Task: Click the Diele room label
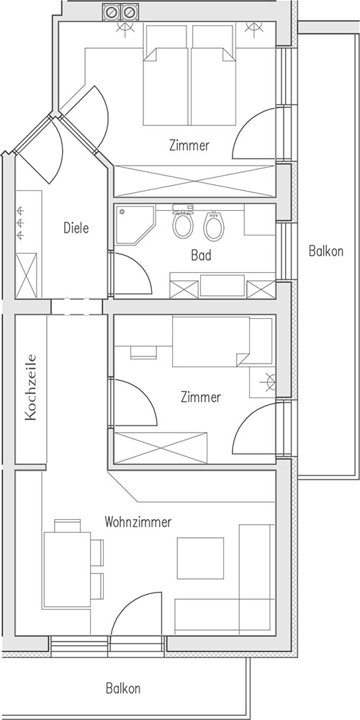[76, 228]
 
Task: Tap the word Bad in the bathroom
[201, 256]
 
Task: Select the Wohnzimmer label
[138, 521]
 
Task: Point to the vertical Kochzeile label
[31, 387]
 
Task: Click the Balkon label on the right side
[326, 251]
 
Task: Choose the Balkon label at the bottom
[123, 688]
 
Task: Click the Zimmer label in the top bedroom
[189, 145]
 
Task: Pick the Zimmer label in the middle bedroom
[201, 397]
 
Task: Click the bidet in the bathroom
[214, 225]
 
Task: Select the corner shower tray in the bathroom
[135, 225]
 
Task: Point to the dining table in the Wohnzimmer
[67, 570]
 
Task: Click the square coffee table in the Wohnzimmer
[201, 558]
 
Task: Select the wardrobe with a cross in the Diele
[26, 275]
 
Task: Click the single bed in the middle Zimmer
[211, 341]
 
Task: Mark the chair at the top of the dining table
[68, 526]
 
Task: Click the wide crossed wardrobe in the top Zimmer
[194, 181]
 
